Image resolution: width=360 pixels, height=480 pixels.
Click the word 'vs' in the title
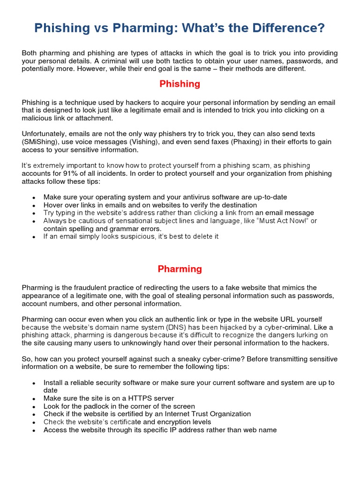(99, 29)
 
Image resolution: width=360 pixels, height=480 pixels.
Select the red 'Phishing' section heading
(180, 84)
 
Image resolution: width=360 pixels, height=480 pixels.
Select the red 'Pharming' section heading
(180, 269)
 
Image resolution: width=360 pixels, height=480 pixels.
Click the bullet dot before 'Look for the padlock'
(34, 407)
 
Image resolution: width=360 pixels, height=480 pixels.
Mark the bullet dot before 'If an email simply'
(34, 237)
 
